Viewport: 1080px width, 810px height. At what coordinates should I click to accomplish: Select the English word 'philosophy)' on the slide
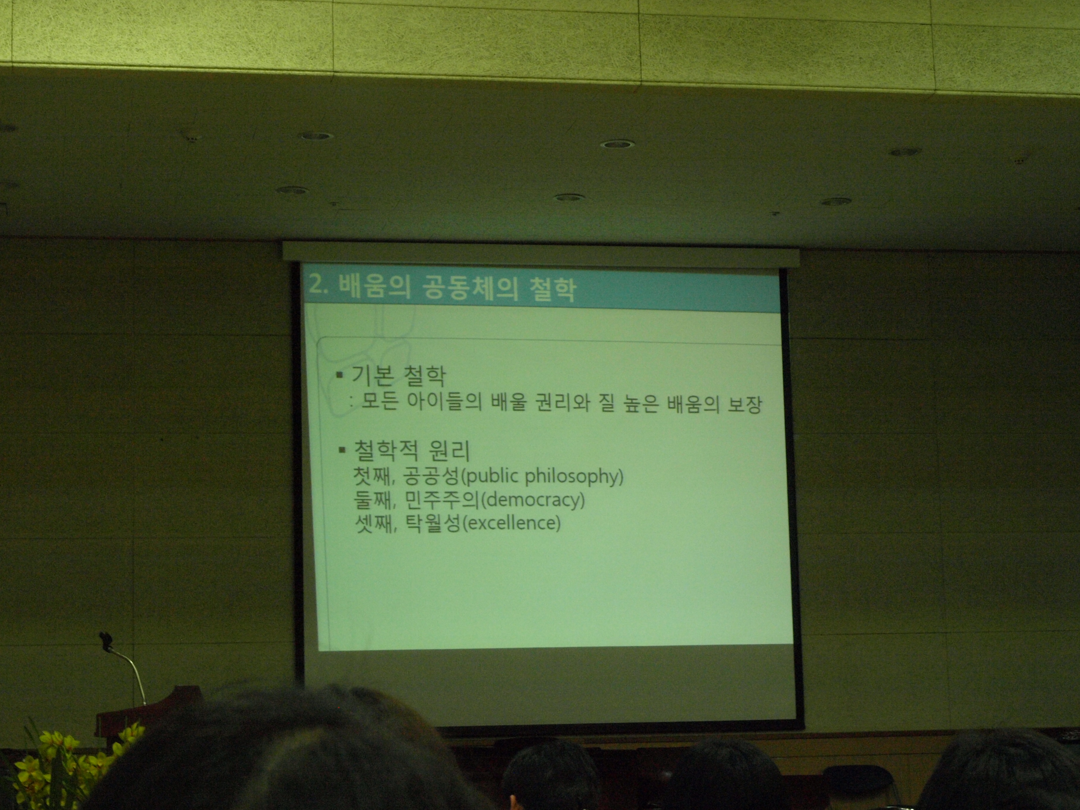point(574,476)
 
